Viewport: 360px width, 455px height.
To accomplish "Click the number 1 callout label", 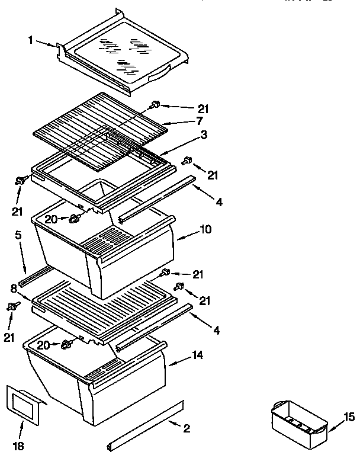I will click(31, 41).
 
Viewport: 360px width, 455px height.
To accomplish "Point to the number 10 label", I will click(205, 229).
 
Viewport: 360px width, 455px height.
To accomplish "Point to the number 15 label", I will click(349, 416).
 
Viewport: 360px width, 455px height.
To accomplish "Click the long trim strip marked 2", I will click(145, 425).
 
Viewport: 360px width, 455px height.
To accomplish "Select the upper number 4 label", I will click(219, 203).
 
